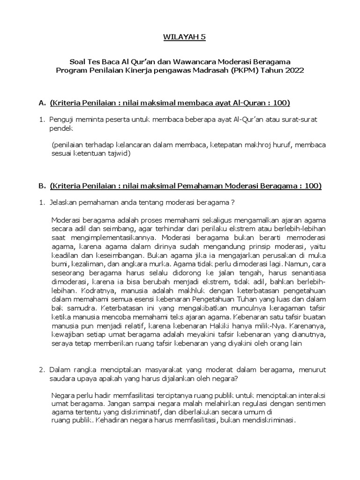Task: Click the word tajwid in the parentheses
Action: (x=120, y=153)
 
